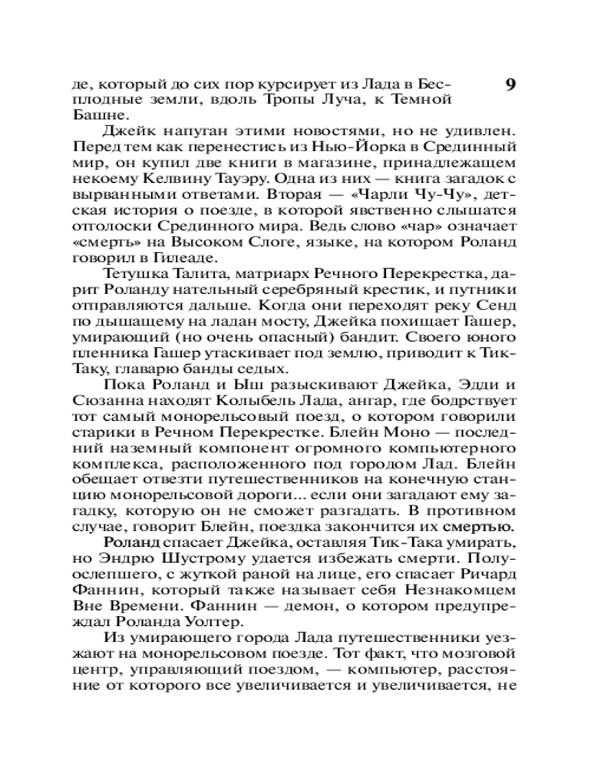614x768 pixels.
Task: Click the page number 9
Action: click(511, 84)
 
